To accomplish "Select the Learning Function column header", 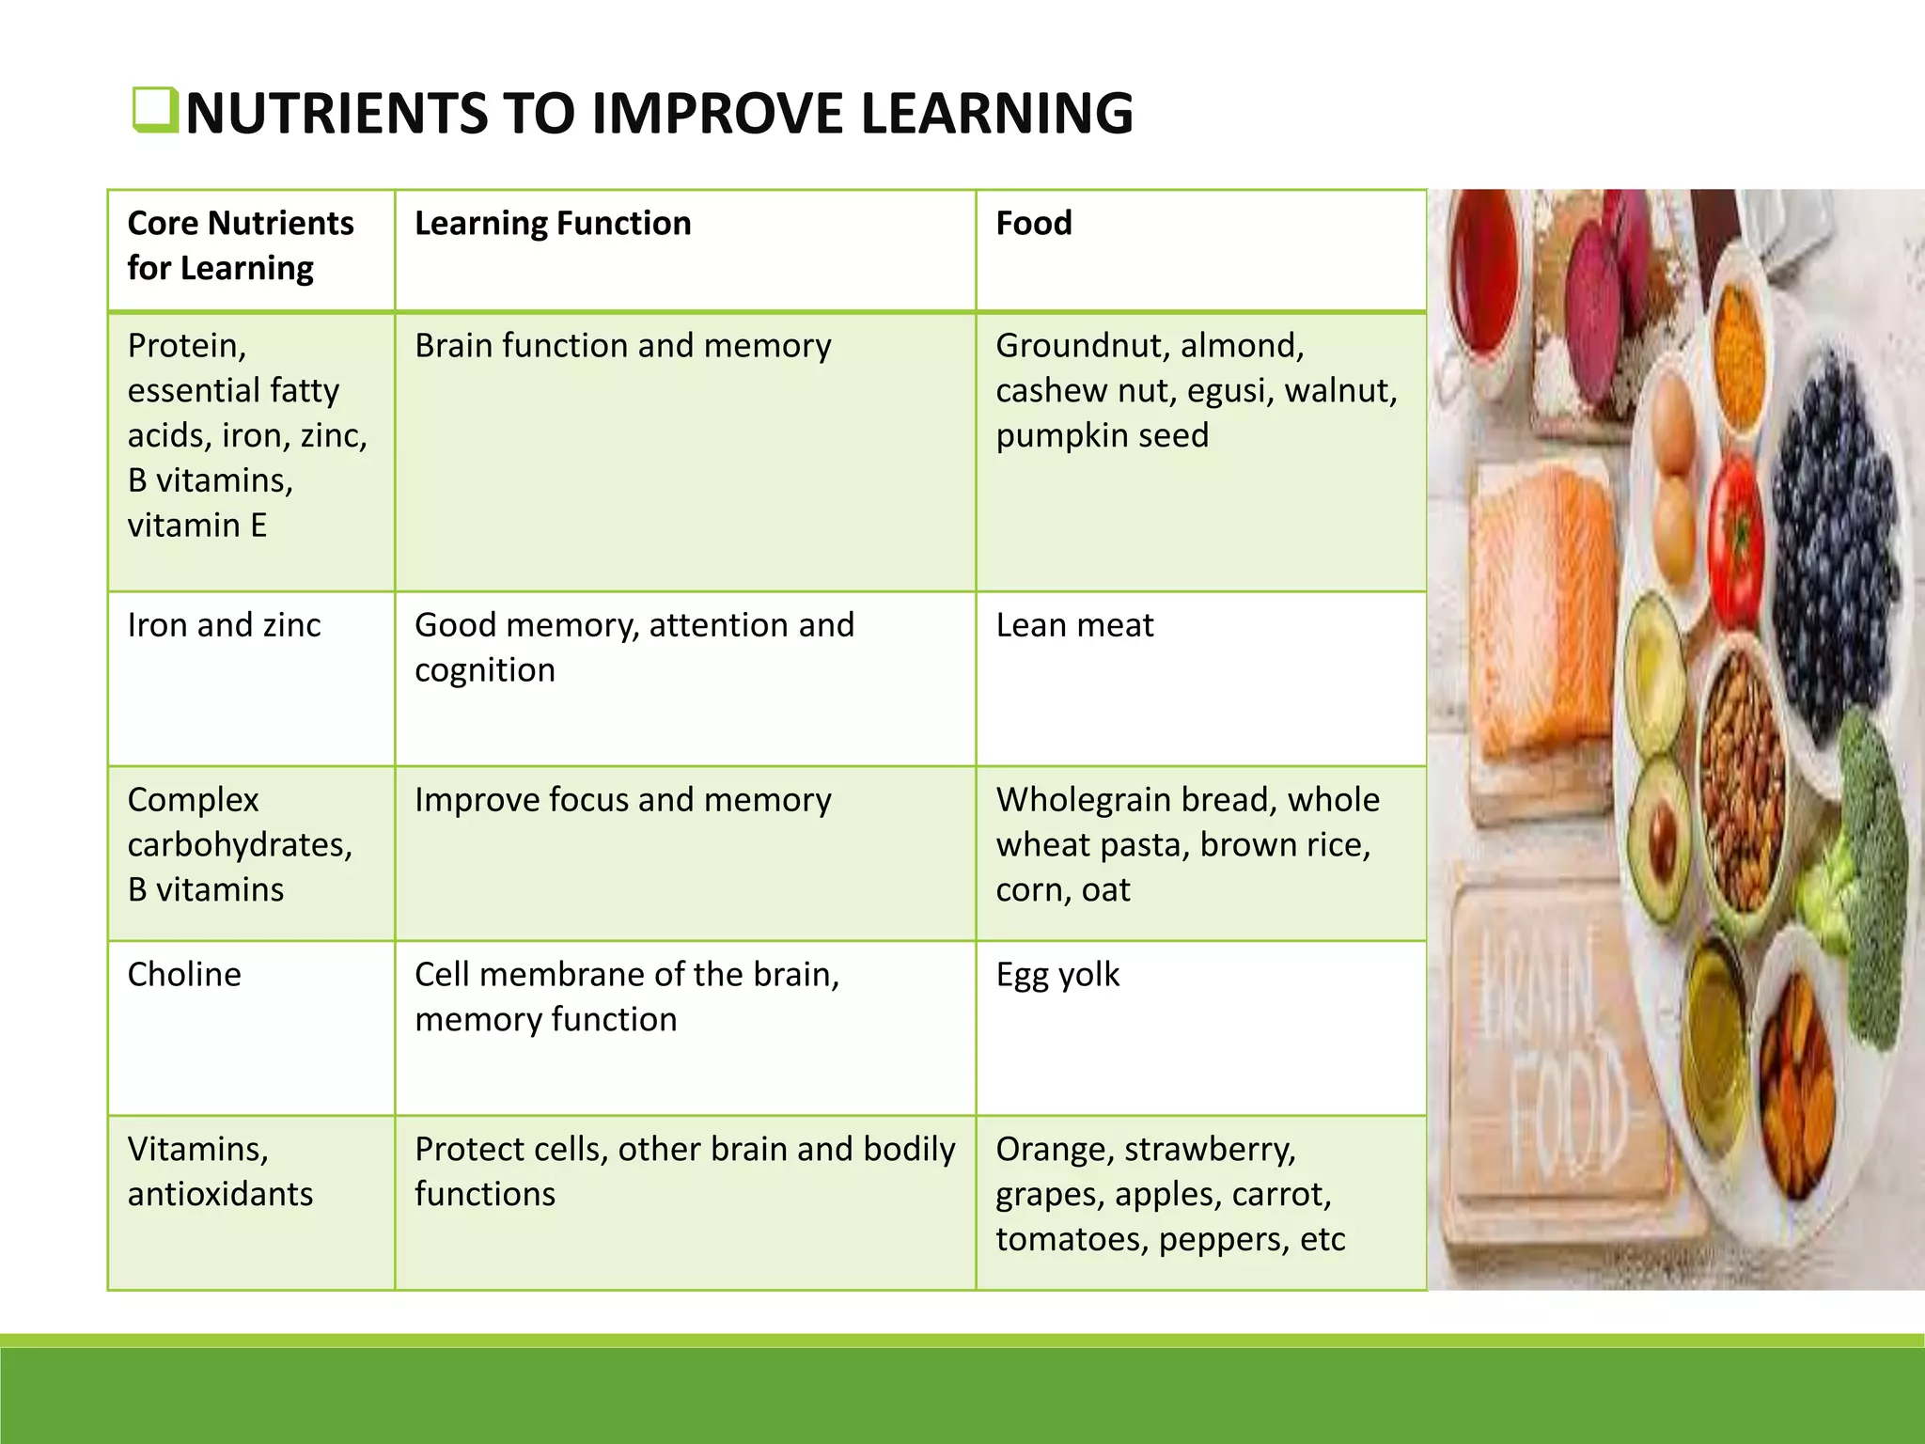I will click(553, 224).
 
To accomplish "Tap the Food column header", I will click(1034, 224).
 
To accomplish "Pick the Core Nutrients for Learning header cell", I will click(241, 245).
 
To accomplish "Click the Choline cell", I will click(184, 975).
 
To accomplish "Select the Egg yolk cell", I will click(1057, 975).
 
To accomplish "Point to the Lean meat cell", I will click(1074, 625).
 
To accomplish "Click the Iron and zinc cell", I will click(224, 625).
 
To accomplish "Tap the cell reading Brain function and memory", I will click(622, 346).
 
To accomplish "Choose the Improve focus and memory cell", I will click(622, 800).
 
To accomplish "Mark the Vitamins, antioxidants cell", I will click(220, 1171).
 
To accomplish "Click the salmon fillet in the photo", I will click(1542, 611).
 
